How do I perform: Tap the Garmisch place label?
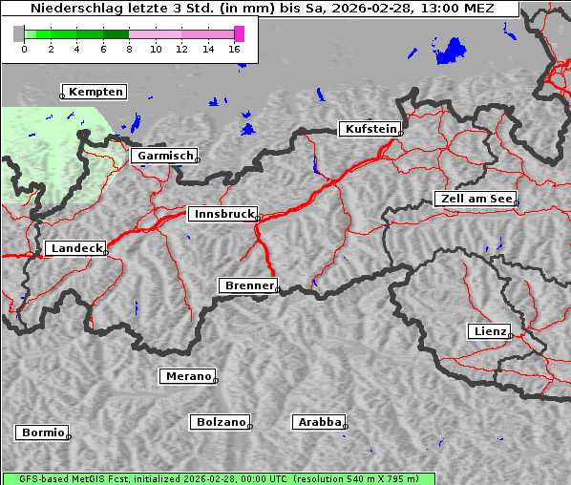tap(165, 156)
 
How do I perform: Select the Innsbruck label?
tap(222, 215)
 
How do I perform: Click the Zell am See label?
tap(476, 199)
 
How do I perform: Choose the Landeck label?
tap(75, 248)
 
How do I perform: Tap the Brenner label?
tap(248, 285)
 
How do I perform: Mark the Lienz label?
tap(489, 331)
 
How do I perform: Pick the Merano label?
tap(187, 376)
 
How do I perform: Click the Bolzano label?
tap(221, 422)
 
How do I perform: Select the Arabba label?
tap(319, 422)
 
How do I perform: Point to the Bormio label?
tap(43, 432)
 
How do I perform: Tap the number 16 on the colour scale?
tap(235, 49)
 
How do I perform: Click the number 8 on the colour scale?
tap(129, 49)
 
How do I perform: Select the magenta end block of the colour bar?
tap(239, 33)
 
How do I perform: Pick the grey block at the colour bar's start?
tap(18, 33)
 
